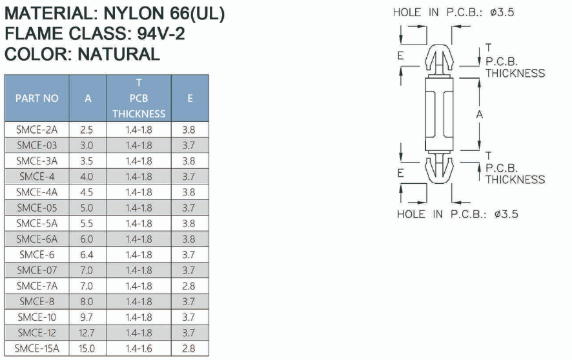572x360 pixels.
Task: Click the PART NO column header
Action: pyautogui.click(x=37, y=98)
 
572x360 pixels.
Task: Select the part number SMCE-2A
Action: pyautogui.click(x=37, y=130)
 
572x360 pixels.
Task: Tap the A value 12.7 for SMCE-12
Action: pyautogui.click(x=87, y=333)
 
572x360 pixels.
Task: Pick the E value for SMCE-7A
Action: pyautogui.click(x=189, y=286)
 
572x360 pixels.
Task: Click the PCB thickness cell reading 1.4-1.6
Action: pyautogui.click(x=139, y=348)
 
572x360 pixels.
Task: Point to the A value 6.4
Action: pyautogui.click(x=87, y=255)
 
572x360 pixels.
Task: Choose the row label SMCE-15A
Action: pyautogui.click(x=37, y=348)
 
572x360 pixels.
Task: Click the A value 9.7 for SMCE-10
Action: pyautogui.click(x=87, y=317)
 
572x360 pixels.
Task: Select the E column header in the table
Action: pyautogui.click(x=190, y=98)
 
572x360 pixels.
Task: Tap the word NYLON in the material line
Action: pyautogui.click(x=134, y=14)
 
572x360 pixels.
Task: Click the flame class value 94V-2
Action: pyautogui.click(x=161, y=34)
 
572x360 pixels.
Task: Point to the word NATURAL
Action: pyautogui.click(x=119, y=54)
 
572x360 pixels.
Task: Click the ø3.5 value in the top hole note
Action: pyautogui.click(x=502, y=12)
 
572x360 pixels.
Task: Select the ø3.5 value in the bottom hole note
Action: pyautogui.click(x=506, y=214)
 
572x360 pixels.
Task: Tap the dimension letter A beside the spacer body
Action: pyautogui.click(x=480, y=115)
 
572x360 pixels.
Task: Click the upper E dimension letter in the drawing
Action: pyautogui.click(x=400, y=56)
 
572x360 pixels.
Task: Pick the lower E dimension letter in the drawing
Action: pyautogui.click(x=400, y=173)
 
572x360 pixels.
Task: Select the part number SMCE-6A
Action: pyautogui.click(x=37, y=239)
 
